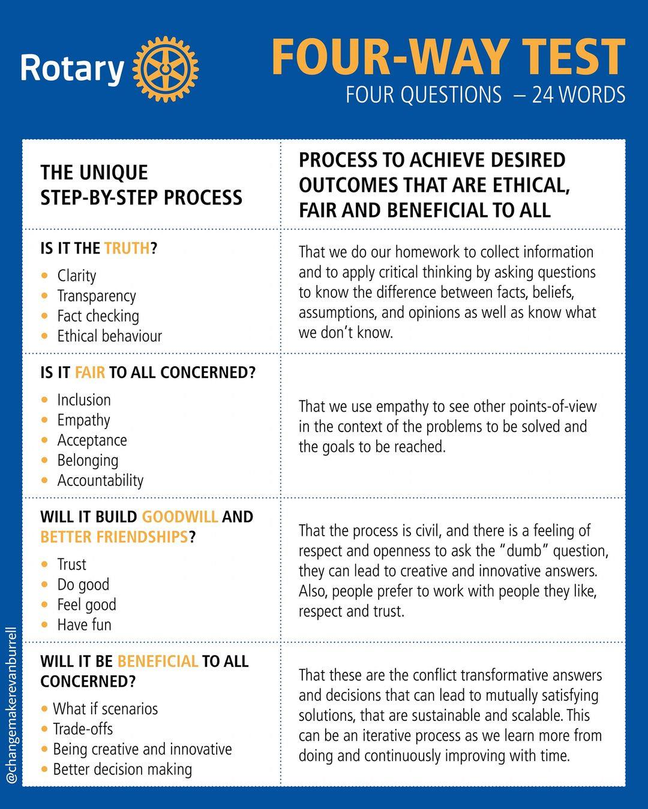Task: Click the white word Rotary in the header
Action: [72, 69]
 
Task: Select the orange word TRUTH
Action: [127, 249]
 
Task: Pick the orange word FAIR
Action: [90, 373]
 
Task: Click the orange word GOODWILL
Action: [180, 517]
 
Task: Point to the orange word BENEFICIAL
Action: [158, 662]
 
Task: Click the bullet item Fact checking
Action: [98, 316]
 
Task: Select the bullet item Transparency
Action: [97, 296]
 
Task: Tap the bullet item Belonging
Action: [88, 461]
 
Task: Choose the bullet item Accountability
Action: [100, 481]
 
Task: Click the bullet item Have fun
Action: [84, 625]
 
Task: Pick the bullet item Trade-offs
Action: [83, 729]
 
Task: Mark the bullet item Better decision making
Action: [122, 769]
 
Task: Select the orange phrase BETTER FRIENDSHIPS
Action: [115, 537]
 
